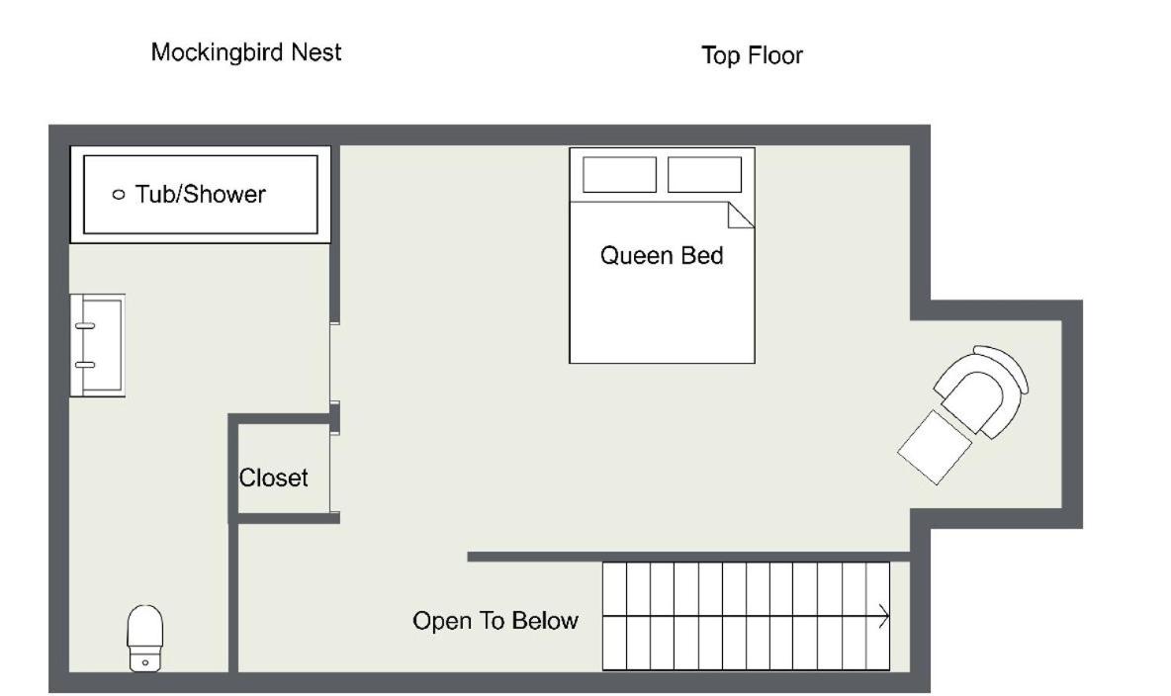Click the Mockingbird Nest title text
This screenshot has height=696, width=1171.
[245, 53]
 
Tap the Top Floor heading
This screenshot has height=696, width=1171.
[752, 55]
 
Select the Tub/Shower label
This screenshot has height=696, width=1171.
[200, 194]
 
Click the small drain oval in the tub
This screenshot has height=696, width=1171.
[118, 195]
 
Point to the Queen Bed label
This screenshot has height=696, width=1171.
[662, 255]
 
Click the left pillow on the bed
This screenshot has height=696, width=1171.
[620, 175]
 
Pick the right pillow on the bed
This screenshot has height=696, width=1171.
[704, 175]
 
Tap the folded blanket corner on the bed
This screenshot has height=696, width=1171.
[741, 216]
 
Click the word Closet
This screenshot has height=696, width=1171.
[273, 478]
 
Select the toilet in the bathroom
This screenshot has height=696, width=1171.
[144, 639]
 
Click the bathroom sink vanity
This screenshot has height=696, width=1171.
[98, 345]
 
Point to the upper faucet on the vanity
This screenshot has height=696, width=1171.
[85, 326]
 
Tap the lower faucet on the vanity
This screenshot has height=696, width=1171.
[85, 365]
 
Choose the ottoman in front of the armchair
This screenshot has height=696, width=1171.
[935, 447]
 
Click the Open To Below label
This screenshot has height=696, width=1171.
[495, 621]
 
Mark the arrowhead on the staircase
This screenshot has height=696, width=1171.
[884, 617]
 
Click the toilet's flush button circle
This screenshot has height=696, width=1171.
[144, 662]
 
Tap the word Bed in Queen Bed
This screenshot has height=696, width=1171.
[701, 255]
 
